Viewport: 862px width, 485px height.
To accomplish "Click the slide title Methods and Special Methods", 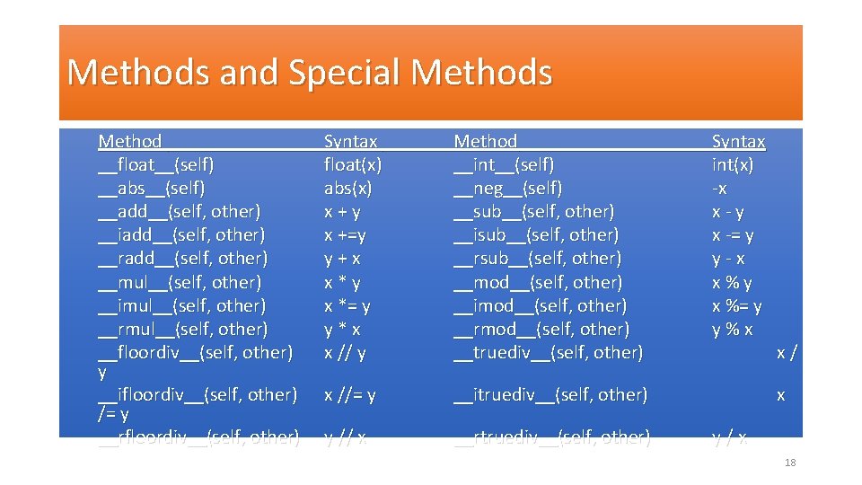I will coord(309,72).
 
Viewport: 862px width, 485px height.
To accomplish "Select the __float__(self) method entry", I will coord(156,165).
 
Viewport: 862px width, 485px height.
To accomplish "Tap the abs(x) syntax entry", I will coord(347,189).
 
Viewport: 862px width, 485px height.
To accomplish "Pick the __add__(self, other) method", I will coord(180,212).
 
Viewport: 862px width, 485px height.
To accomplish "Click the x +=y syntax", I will coord(345,235).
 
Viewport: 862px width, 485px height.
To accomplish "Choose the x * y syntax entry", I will coord(342,282).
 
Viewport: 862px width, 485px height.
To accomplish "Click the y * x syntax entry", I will coord(342,329).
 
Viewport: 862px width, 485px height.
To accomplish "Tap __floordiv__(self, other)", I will coord(196,352).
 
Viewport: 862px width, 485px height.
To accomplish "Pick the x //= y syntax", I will coord(350,394).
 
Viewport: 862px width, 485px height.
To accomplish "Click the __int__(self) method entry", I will coord(504,165).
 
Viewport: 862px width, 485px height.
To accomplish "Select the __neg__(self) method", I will coord(508,189).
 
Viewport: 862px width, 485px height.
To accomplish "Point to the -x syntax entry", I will coord(719,189).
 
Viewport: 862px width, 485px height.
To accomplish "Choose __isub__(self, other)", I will coord(536,235).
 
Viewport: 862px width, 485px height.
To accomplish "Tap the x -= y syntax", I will coord(733,235).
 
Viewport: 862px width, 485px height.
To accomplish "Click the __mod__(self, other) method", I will coord(538,282).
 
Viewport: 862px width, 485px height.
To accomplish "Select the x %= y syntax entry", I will coord(736,305).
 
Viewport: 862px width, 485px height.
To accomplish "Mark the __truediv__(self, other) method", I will coord(549,352).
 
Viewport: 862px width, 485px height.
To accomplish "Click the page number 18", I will coord(790,463).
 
